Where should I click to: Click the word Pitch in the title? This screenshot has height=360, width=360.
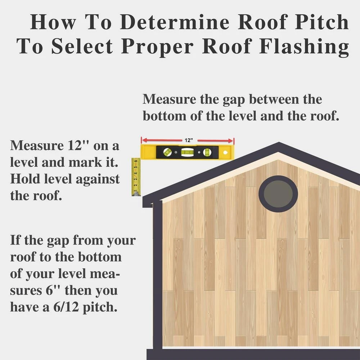(x=321, y=22)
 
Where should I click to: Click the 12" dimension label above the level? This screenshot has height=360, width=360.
(x=189, y=140)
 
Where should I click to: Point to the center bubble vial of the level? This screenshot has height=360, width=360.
(x=187, y=152)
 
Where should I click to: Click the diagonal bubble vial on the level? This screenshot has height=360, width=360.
(x=167, y=152)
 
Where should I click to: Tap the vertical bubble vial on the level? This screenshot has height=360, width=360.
(x=207, y=152)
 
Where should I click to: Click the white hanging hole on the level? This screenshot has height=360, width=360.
(x=225, y=152)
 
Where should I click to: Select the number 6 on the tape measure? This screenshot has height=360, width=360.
(x=136, y=161)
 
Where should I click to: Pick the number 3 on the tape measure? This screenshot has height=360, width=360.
(x=136, y=179)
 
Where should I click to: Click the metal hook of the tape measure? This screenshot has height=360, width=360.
(x=136, y=194)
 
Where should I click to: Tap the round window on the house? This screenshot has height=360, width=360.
(x=278, y=194)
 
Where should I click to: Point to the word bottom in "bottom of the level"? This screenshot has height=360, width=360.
(x=165, y=116)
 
